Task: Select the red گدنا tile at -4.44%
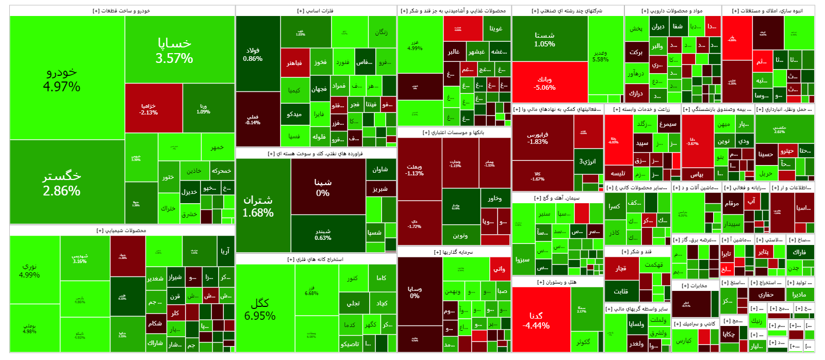pyautogui.click(x=541, y=320)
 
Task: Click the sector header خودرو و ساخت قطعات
pyautogui.click(x=122, y=11)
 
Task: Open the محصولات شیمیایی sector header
pyautogui.click(x=122, y=231)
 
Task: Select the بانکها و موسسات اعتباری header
pyautogui.click(x=453, y=133)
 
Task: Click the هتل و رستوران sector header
pyautogui.click(x=557, y=282)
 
